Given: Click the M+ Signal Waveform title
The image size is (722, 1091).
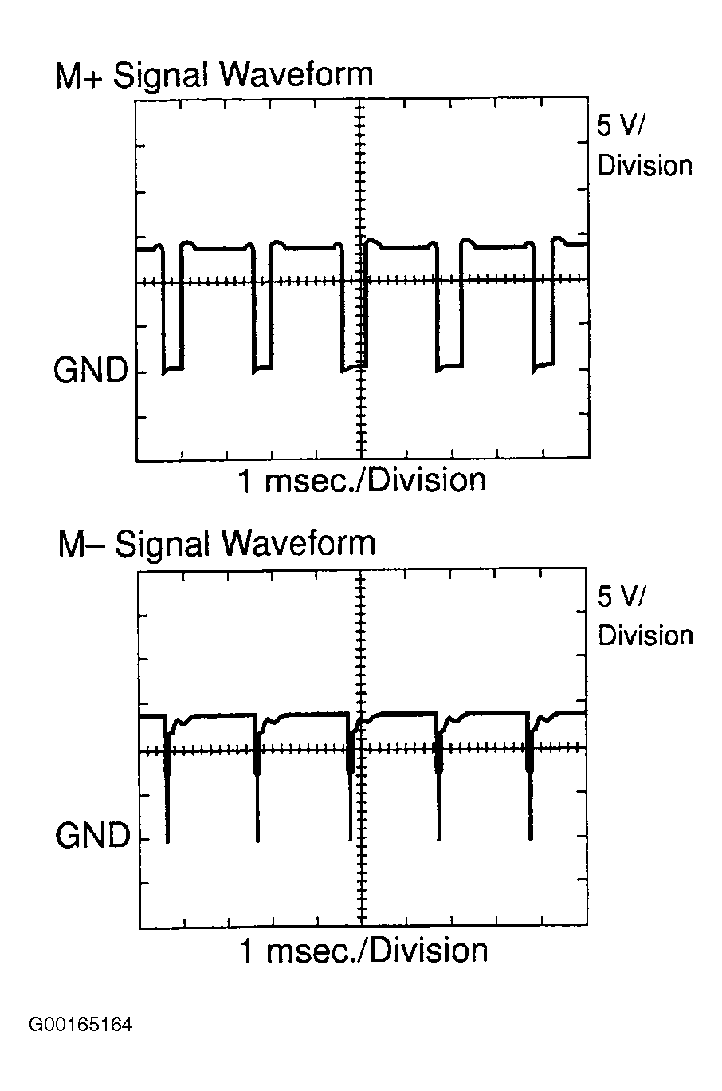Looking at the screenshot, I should [213, 76].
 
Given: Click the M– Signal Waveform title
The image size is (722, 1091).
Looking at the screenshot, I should [216, 545].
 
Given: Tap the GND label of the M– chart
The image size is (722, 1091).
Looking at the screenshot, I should [92, 836].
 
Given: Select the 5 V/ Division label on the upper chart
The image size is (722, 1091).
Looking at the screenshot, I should [644, 145].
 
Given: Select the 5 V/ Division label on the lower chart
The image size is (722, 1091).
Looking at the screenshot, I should [645, 616].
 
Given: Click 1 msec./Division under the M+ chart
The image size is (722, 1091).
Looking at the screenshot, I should [363, 481].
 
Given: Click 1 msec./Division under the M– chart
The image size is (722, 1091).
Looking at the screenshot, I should [363, 951].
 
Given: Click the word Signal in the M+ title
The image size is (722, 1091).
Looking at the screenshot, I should [162, 76].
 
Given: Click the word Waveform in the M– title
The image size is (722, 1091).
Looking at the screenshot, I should [298, 545].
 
